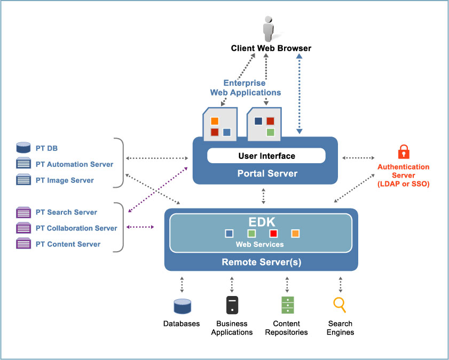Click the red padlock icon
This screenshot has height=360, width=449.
pos(404,152)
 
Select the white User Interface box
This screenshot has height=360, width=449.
pos(266,156)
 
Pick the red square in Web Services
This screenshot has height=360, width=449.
pos(273,234)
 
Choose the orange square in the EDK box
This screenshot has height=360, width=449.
pos(295,234)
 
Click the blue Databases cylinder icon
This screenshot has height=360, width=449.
pos(182,306)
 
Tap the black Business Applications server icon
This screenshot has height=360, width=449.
pos(232,305)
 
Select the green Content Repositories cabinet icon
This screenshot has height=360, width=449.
pos(288,305)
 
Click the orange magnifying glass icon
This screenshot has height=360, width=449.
pos(340,305)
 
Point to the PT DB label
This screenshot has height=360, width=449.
pos(46,148)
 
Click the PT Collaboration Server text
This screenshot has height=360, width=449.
pos(76,228)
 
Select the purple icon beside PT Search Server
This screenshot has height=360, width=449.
pos(23,212)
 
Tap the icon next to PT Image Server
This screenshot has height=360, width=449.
pos(23,180)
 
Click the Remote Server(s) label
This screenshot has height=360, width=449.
pos(261,262)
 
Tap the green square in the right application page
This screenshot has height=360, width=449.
pos(270,132)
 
